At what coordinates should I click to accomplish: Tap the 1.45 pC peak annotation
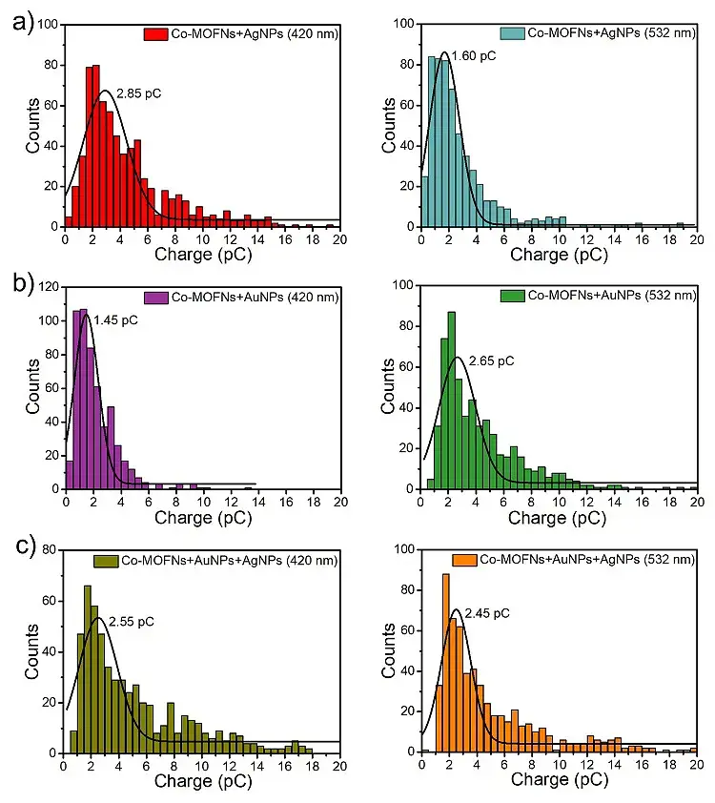coord(115,320)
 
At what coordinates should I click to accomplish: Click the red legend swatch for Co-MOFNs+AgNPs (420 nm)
coord(156,34)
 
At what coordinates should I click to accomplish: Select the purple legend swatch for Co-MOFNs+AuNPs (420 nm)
coord(156,297)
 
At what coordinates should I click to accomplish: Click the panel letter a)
coord(18,22)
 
